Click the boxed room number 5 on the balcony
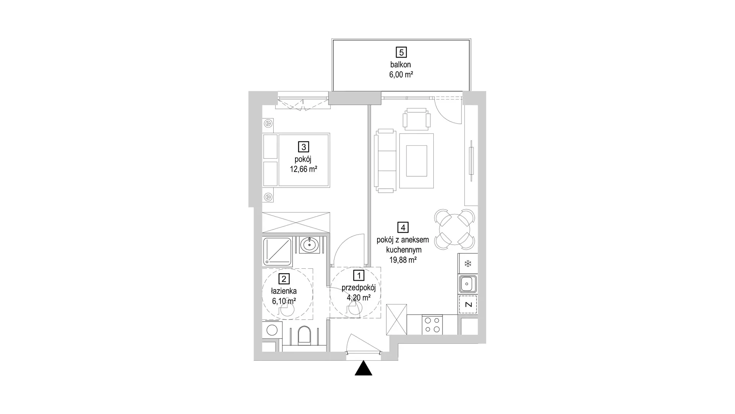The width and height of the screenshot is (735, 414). coord(401,52)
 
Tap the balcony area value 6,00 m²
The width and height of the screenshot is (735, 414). coord(401,75)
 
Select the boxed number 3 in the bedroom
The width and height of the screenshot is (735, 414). coord(304,147)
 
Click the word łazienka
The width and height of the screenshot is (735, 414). coord(284,291)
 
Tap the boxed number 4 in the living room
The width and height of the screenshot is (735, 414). coord(403,228)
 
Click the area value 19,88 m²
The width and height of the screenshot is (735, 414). coord(403,260)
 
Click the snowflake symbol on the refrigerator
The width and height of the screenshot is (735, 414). coord(467,264)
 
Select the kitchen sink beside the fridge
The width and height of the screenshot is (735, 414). coord(467,284)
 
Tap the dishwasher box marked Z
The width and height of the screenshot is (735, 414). coord(468,305)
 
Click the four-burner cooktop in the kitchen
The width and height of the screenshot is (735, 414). coord(432,325)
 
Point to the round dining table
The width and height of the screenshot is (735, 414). coord(454,229)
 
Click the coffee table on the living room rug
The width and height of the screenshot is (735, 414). coord(416,161)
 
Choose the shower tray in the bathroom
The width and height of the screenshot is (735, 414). coord(277,251)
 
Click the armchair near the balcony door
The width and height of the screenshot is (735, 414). coord(416,119)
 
